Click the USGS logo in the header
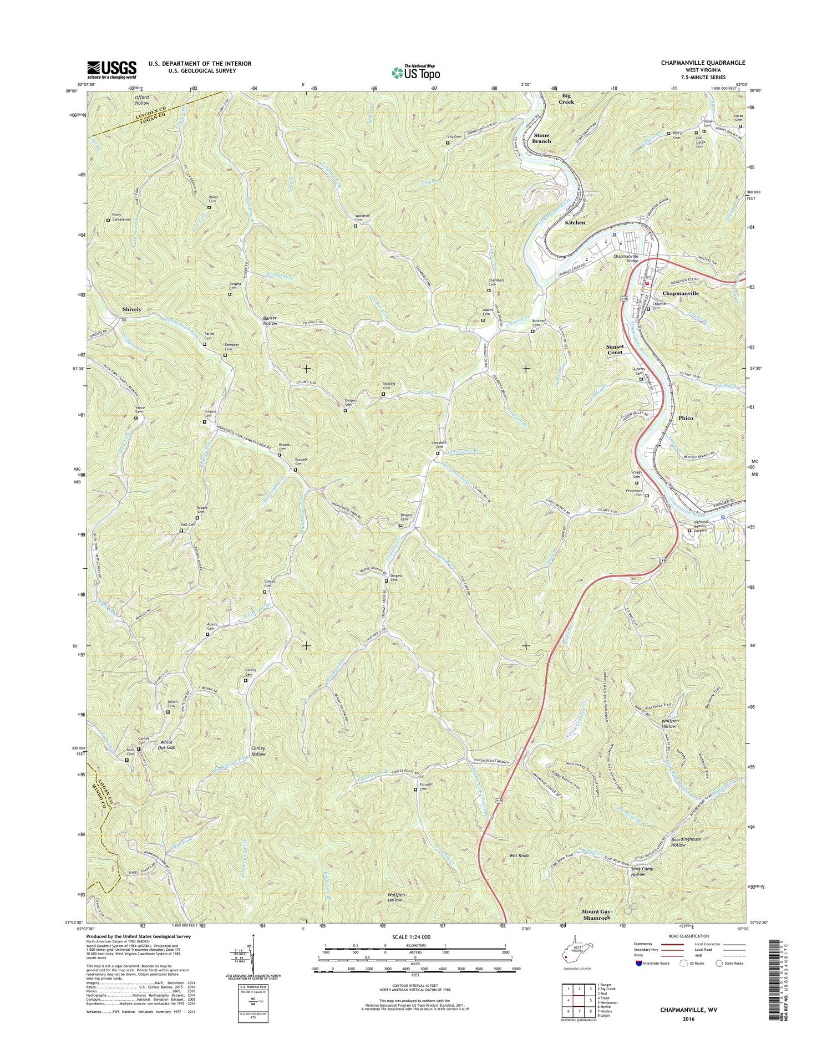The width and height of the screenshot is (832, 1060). [x=111, y=69]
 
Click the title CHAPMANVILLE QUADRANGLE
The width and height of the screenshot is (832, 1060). [x=703, y=63]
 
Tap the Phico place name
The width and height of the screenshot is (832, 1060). [x=686, y=418]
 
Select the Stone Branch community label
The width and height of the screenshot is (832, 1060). [x=541, y=138]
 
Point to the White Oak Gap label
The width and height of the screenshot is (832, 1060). [x=167, y=745]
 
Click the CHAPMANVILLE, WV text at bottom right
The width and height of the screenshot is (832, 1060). [x=689, y=1010]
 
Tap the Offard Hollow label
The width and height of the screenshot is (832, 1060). [x=142, y=100]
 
